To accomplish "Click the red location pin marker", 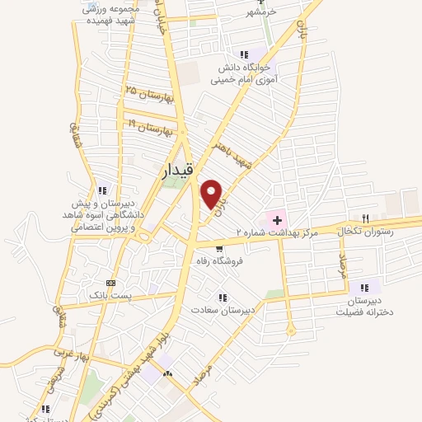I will pos(212,194).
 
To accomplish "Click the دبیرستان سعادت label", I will pos(221,310).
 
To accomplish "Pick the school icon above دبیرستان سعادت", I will pos(221,298).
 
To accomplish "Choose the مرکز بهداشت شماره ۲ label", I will pos(277,233).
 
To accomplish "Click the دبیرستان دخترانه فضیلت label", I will pos(363,307).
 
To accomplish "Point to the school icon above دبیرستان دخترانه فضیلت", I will pos(363,288).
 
